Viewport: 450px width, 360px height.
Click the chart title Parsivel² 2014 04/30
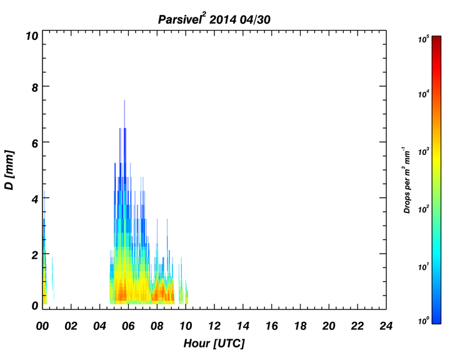214,19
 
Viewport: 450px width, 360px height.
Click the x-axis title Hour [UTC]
214,343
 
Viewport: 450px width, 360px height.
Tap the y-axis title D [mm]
9,170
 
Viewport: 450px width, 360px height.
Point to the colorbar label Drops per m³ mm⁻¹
407,180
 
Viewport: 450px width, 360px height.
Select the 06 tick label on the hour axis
128,326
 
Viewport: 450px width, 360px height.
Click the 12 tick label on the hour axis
214,326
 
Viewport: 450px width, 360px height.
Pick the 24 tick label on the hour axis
386,326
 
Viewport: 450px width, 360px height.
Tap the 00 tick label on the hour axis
42,326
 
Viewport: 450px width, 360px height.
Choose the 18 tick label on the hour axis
300,326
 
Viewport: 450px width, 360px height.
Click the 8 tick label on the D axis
35,87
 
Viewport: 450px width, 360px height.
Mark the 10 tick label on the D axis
32,36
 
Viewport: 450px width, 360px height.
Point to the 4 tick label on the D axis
35,199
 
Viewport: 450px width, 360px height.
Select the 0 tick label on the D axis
35,306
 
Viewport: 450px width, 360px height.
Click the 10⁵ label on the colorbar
423,39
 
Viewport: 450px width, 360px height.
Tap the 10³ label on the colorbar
423,152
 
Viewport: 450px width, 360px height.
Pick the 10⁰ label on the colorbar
423,321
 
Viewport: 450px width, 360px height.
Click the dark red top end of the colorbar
436,37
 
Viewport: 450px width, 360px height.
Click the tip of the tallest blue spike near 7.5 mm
124,100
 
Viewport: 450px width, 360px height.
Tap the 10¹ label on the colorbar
423,267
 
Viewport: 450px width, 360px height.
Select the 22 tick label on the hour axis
357,326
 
